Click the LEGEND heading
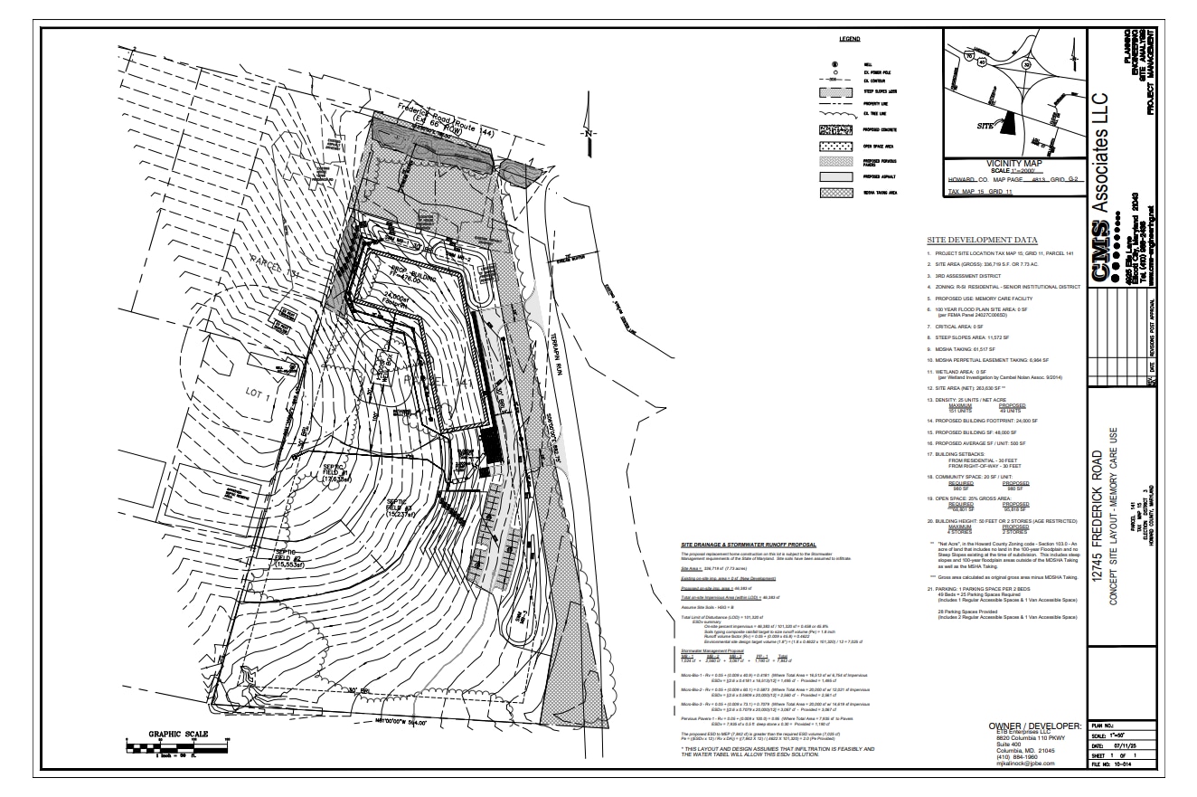849,40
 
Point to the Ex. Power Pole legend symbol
835,72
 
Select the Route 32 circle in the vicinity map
1025,64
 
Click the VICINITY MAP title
1015,163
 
